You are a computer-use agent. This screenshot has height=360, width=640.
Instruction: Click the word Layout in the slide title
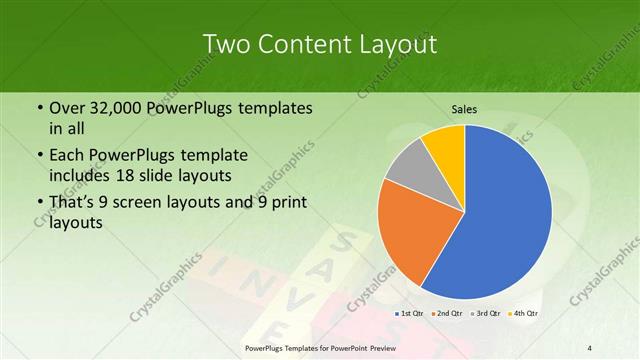tap(395, 44)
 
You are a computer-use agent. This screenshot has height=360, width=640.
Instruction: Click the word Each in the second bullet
tap(68, 156)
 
